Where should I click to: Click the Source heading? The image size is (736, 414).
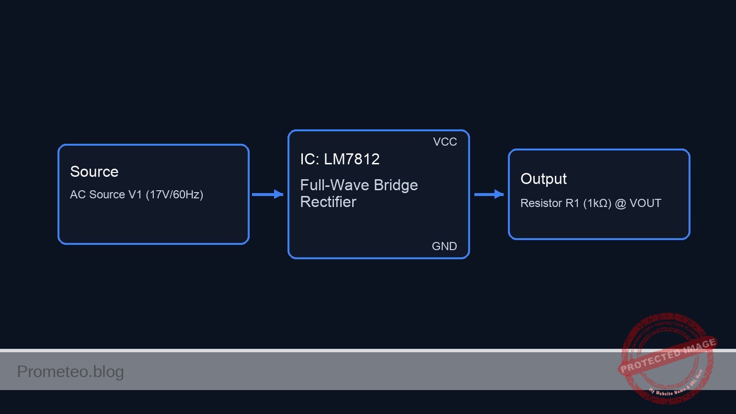tap(94, 172)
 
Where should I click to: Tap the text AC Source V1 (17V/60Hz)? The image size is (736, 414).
tap(137, 195)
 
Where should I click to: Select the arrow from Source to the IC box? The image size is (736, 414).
tap(267, 194)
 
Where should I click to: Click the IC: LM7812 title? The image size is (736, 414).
tap(340, 159)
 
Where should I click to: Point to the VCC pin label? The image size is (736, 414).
tap(445, 142)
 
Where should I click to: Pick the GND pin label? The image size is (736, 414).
tap(444, 246)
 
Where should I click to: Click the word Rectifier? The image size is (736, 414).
tap(328, 202)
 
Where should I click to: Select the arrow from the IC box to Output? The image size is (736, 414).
tap(488, 194)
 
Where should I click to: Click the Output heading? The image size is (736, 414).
tap(543, 179)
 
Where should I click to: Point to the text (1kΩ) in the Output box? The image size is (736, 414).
tap(597, 203)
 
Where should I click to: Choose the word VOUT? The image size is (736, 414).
tap(645, 203)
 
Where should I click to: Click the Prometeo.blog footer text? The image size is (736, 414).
tap(70, 371)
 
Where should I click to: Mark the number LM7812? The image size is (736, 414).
tap(352, 159)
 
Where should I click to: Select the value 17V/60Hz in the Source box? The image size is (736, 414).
tap(174, 195)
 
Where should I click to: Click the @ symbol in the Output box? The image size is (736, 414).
tap(621, 203)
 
